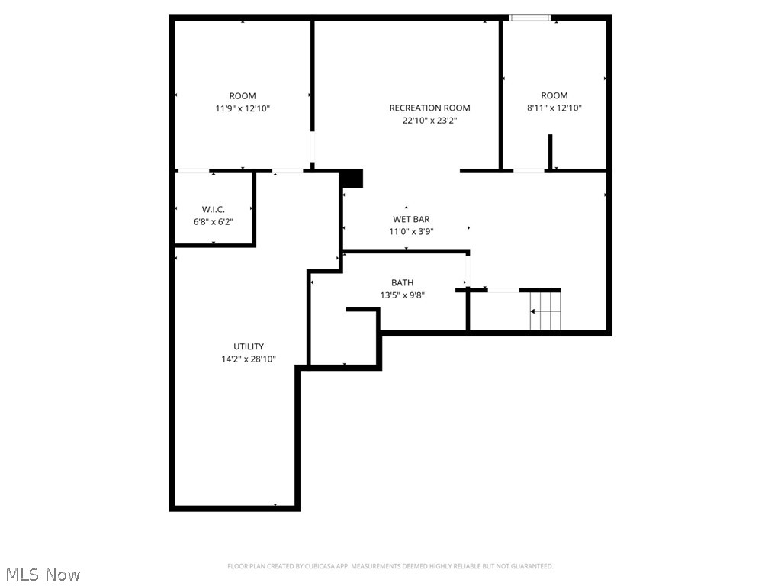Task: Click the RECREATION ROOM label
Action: click(429, 108)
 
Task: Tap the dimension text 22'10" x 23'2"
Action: click(429, 120)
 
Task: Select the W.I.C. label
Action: click(214, 209)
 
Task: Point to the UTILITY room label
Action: click(249, 346)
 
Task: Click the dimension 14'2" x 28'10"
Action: click(249, 359)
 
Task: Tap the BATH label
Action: click(402, 282)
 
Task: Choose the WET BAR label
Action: click(411, 219)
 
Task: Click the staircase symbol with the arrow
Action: click(545, 311)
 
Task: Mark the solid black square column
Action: click(352, 178)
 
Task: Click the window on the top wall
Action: click(530, 18)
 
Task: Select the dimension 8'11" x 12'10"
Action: click(554, 108)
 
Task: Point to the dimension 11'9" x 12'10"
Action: click(243, 108)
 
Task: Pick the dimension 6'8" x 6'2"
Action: click(214, 221)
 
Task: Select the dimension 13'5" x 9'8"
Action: click(402, 295)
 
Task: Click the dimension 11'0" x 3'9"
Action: click(411, 231)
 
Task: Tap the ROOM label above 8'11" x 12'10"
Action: click(554, 95)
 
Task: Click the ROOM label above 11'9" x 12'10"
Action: click(243, 95)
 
